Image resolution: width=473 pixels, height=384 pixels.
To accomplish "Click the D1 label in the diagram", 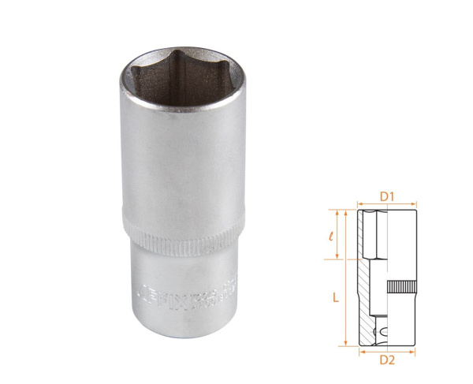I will [x=386, y=193].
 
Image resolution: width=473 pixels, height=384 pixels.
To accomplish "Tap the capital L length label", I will [x=335, y=297].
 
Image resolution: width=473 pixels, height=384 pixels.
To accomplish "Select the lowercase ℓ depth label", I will [x=336, y=234].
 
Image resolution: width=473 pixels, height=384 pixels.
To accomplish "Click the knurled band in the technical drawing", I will [x=401, y=289].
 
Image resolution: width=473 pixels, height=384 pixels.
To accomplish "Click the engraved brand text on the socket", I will [x=181, y=293].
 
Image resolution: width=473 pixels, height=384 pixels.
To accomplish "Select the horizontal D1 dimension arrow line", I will [x=386, y=203].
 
